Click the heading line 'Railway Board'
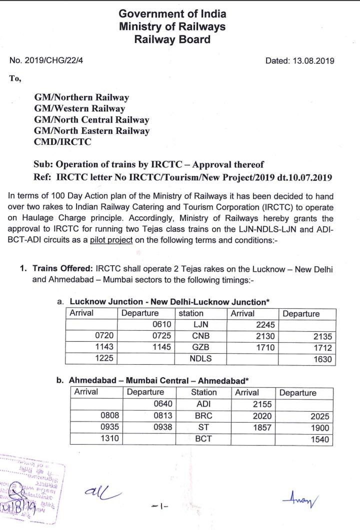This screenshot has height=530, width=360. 172,39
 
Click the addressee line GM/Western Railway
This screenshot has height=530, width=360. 79,108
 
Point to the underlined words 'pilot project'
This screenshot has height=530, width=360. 111,240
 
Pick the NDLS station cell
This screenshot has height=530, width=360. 200,359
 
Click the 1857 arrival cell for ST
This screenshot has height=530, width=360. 262,428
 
